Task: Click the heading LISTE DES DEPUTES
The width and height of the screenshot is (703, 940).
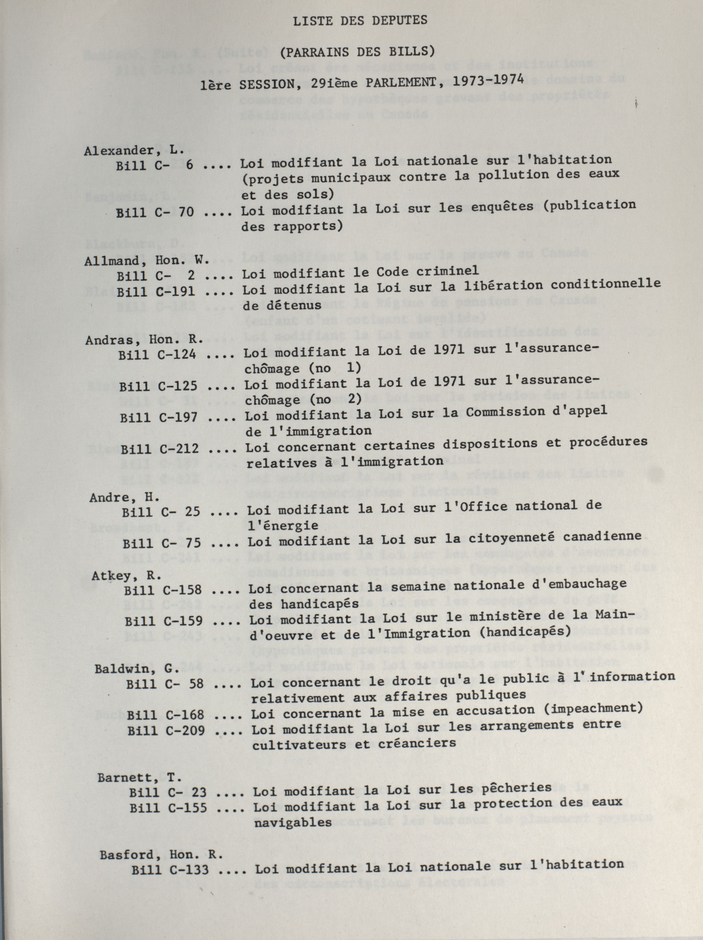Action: tap(360, 21)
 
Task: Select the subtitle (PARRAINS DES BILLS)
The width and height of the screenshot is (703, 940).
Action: tap(358, 52)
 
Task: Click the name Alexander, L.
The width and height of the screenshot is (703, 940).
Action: tap(134, 150)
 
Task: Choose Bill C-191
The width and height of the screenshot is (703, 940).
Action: tap(156, 292)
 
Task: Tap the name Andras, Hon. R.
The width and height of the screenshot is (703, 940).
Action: tap(145, 340)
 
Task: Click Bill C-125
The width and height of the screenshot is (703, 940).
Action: tap(158, 386)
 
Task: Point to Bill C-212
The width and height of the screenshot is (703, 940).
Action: tap(159, 449)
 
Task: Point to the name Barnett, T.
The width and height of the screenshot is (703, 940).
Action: tap(139, 778)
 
